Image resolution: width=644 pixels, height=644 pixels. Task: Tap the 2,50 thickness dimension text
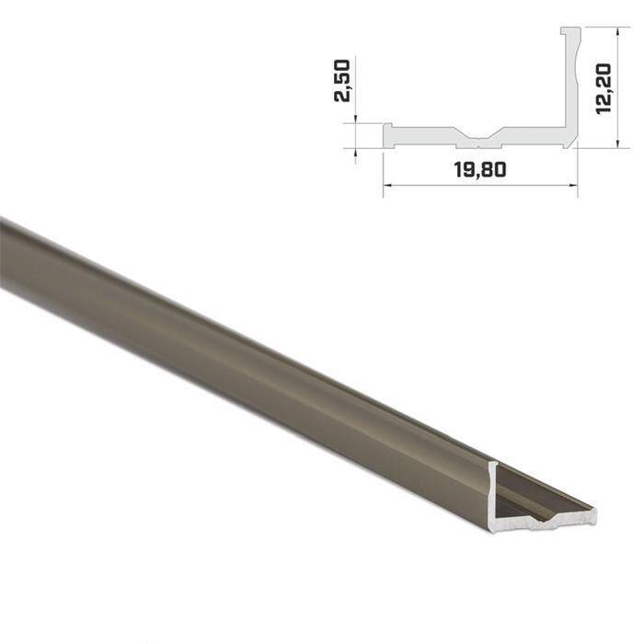point(343,82)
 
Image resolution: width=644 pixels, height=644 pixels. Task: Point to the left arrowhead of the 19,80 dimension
point(386,185)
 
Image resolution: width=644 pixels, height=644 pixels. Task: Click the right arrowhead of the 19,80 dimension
point(573,185)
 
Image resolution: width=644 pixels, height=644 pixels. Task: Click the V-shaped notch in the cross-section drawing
point(477,141)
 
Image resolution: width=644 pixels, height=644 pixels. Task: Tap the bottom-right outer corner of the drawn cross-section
point(575,144)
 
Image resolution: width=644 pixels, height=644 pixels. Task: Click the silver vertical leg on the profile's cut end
point(495,497)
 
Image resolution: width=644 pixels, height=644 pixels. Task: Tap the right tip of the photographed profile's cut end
point(593,514)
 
